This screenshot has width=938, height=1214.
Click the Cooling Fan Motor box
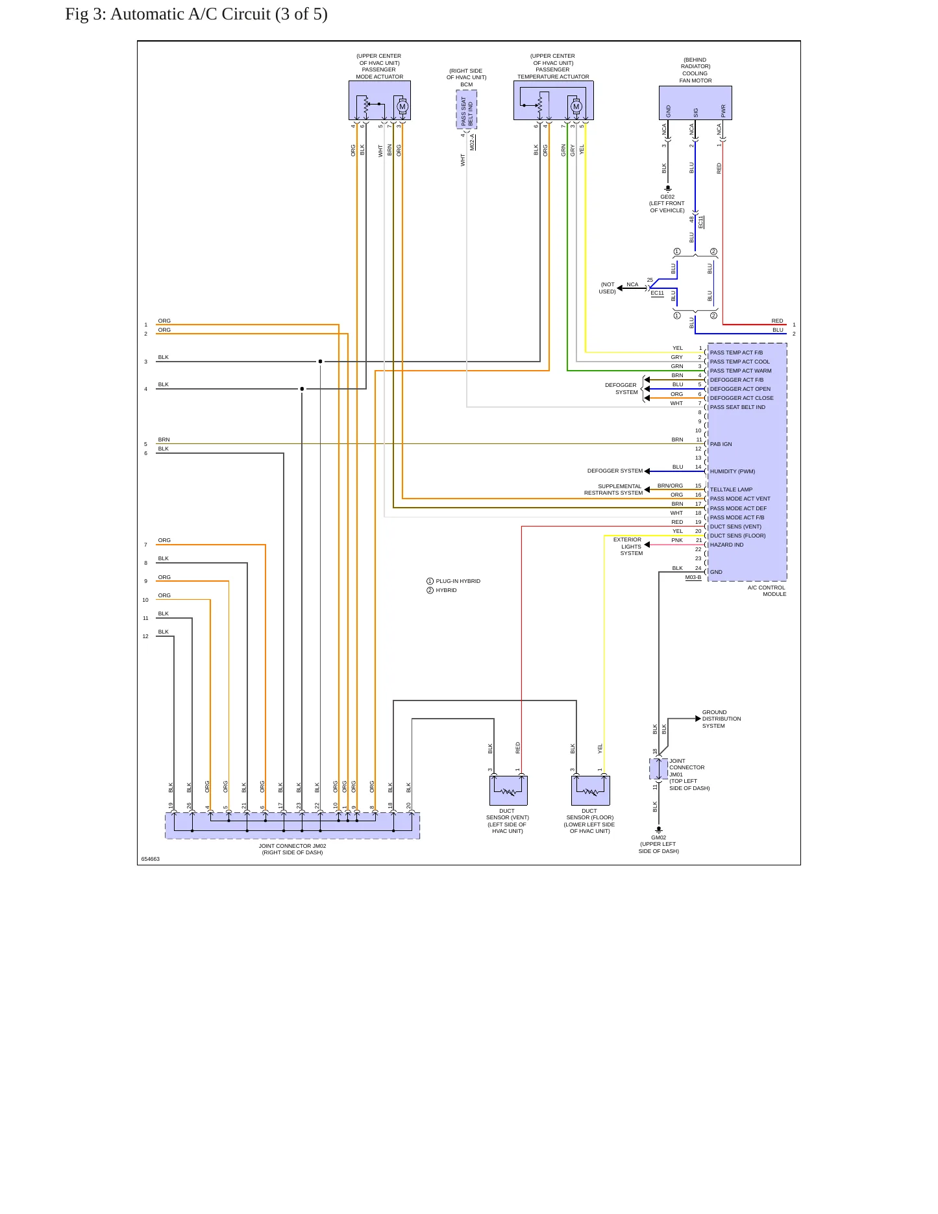coord(695,103)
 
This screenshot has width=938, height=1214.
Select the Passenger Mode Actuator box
coord(380,100)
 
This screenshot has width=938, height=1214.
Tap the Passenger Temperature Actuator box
coord(554,100)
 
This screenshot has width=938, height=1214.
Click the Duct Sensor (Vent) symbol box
coord(508,790)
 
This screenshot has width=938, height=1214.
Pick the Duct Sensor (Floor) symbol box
coord(591,790)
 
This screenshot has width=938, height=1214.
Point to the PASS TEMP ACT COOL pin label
coord(740,362)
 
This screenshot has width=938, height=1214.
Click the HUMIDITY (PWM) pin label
coord(732,471)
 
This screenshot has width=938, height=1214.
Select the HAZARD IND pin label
coord(727,545)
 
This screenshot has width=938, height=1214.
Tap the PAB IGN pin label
coord(721,444)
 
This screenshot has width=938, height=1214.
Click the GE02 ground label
coord(667,197)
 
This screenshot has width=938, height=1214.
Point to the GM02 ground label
coord(659,837)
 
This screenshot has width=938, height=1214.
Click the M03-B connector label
coord(693,577)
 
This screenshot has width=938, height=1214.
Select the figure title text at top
coord(196,14)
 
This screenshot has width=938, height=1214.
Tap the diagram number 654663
coord(151,859)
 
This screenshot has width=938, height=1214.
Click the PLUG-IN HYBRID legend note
coord(454,581)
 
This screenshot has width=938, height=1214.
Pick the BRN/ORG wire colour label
coord(670,486)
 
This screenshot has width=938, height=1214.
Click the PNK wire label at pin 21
coord(677,540)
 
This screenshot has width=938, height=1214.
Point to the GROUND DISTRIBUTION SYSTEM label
coord(721,719)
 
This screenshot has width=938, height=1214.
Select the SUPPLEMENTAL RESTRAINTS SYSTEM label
coord(613,489)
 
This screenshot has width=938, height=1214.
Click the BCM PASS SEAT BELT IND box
coord(467,110)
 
